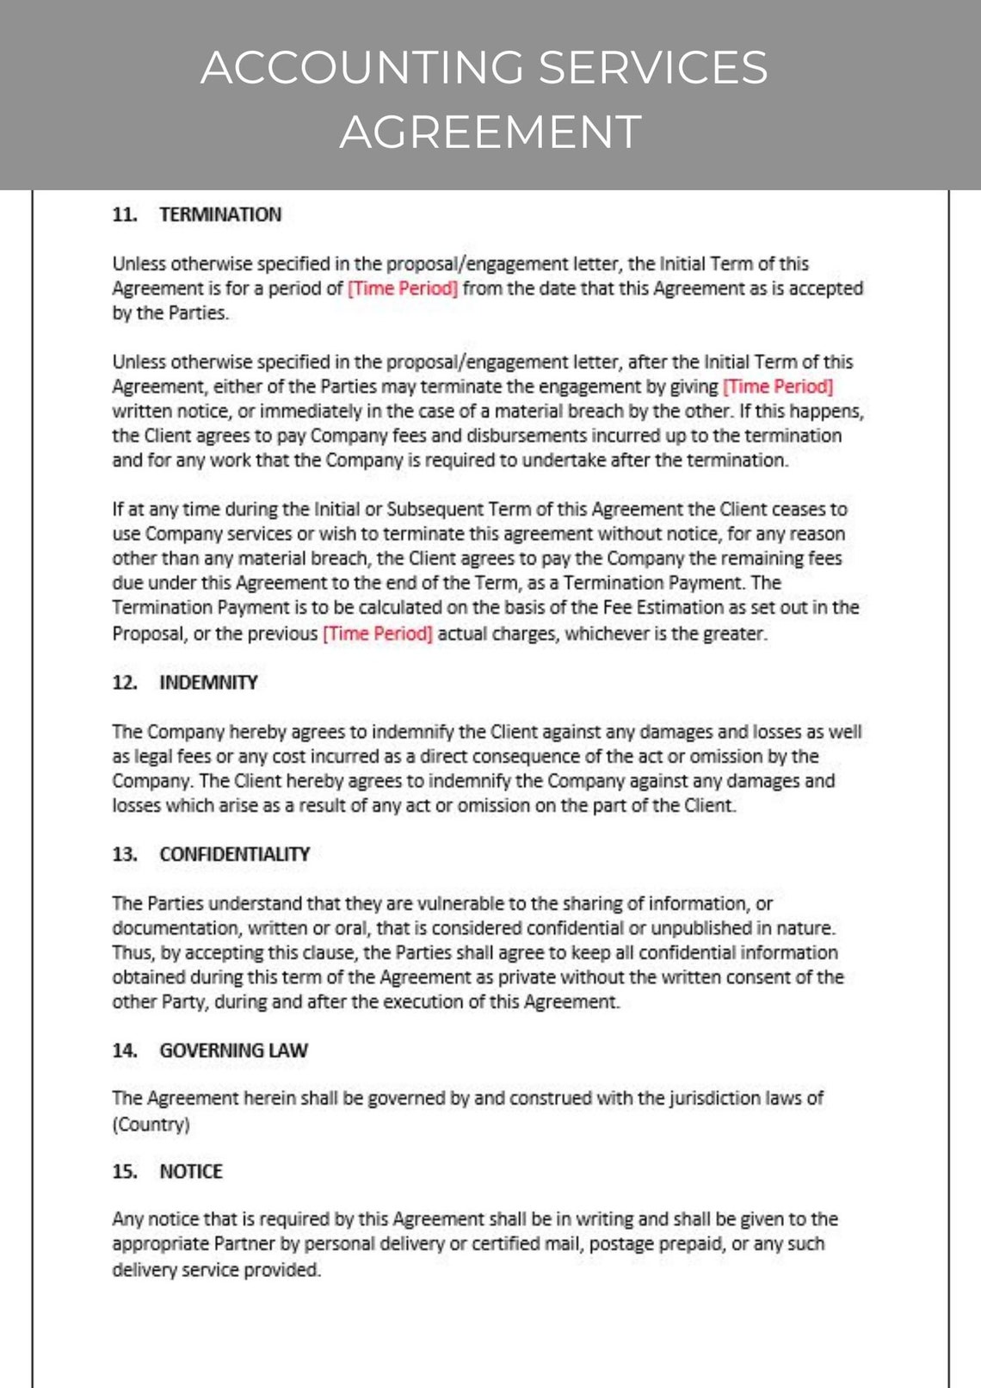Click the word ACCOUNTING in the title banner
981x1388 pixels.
tap(361, 67)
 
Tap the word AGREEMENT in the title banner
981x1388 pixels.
tap(490, 132)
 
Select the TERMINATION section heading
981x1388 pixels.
tap(220, 214)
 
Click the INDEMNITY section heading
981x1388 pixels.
tap(208, 682)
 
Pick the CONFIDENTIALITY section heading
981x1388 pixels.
tap(234, 854)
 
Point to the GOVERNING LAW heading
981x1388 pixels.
tap(233, 1050)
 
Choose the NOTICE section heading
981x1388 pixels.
tap(191, 1171)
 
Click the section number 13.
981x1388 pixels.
tap(124, 854)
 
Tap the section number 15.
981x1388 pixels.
tap(124, 1171)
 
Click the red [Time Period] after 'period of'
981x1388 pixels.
tap(402, 288)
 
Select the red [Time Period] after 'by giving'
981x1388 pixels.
tap(778, 387)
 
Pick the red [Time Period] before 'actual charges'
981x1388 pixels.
tap(378, 634)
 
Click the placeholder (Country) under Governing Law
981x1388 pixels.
tap(151, 1125)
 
